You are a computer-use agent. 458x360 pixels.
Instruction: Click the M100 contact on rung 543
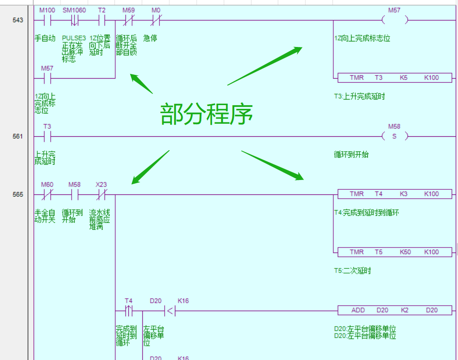[46, 20]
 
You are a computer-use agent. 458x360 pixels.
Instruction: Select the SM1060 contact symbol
[74, 20]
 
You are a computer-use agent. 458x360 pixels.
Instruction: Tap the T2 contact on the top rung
[101, 20]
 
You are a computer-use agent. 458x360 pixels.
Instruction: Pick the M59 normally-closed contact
[128, 20]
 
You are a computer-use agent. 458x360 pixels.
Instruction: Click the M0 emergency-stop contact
[156, 20]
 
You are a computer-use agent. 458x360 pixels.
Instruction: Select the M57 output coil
[394, 20]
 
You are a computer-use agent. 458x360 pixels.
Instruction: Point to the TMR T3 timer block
[394, 78]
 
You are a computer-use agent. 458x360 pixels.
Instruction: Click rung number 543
[18, 20]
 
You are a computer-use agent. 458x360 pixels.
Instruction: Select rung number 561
[18, 136]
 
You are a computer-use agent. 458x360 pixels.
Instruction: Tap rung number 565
[18, 194]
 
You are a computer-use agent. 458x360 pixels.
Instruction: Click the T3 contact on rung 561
[46, 136]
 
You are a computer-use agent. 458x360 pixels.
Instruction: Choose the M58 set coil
[394, 136]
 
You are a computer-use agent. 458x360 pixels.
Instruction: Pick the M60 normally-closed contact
[46, 194]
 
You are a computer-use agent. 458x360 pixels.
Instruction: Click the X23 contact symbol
[101, 194]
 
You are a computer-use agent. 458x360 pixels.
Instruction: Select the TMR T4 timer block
[394, 194]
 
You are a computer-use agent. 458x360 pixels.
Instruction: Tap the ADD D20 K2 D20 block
[394, 310]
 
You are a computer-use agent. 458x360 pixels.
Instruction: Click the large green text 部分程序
[206, 114]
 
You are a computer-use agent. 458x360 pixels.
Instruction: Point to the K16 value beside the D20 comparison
[183, 301]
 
